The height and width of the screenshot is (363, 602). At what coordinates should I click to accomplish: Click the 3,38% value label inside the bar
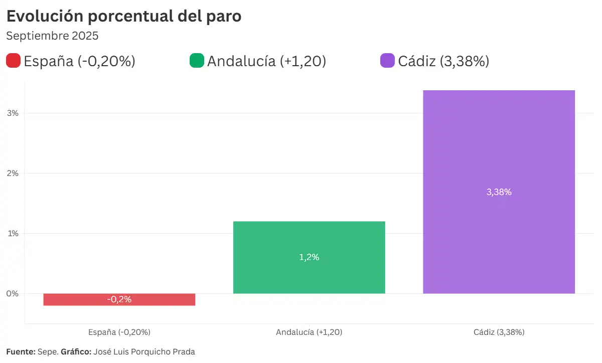point(499,192)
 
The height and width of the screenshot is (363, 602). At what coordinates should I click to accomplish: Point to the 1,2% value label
point(309,257)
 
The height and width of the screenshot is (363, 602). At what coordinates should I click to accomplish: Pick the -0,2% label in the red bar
point(119,299)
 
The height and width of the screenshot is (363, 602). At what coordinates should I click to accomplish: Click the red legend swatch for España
point(13,61)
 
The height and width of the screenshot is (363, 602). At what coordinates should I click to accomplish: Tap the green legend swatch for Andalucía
point(197,61)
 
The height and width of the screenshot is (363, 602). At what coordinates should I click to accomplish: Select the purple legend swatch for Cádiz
point(388,61)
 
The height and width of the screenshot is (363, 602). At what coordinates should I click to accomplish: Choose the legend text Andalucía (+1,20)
point(266,61)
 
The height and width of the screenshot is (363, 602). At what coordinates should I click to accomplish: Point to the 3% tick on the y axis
point(13,113)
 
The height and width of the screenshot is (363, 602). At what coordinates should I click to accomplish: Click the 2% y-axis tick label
point(13,173)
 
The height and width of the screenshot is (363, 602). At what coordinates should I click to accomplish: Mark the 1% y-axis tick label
point(13,234)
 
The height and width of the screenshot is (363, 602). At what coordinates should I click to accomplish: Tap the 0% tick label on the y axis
point(13,294)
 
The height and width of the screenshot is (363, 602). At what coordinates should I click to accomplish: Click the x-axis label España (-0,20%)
point(119,332)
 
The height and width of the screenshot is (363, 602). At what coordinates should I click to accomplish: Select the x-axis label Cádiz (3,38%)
point(499,332)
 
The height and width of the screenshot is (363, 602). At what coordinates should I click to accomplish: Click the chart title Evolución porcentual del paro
point(124,16)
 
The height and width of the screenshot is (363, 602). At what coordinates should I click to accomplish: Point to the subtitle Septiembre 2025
point(52,36)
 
